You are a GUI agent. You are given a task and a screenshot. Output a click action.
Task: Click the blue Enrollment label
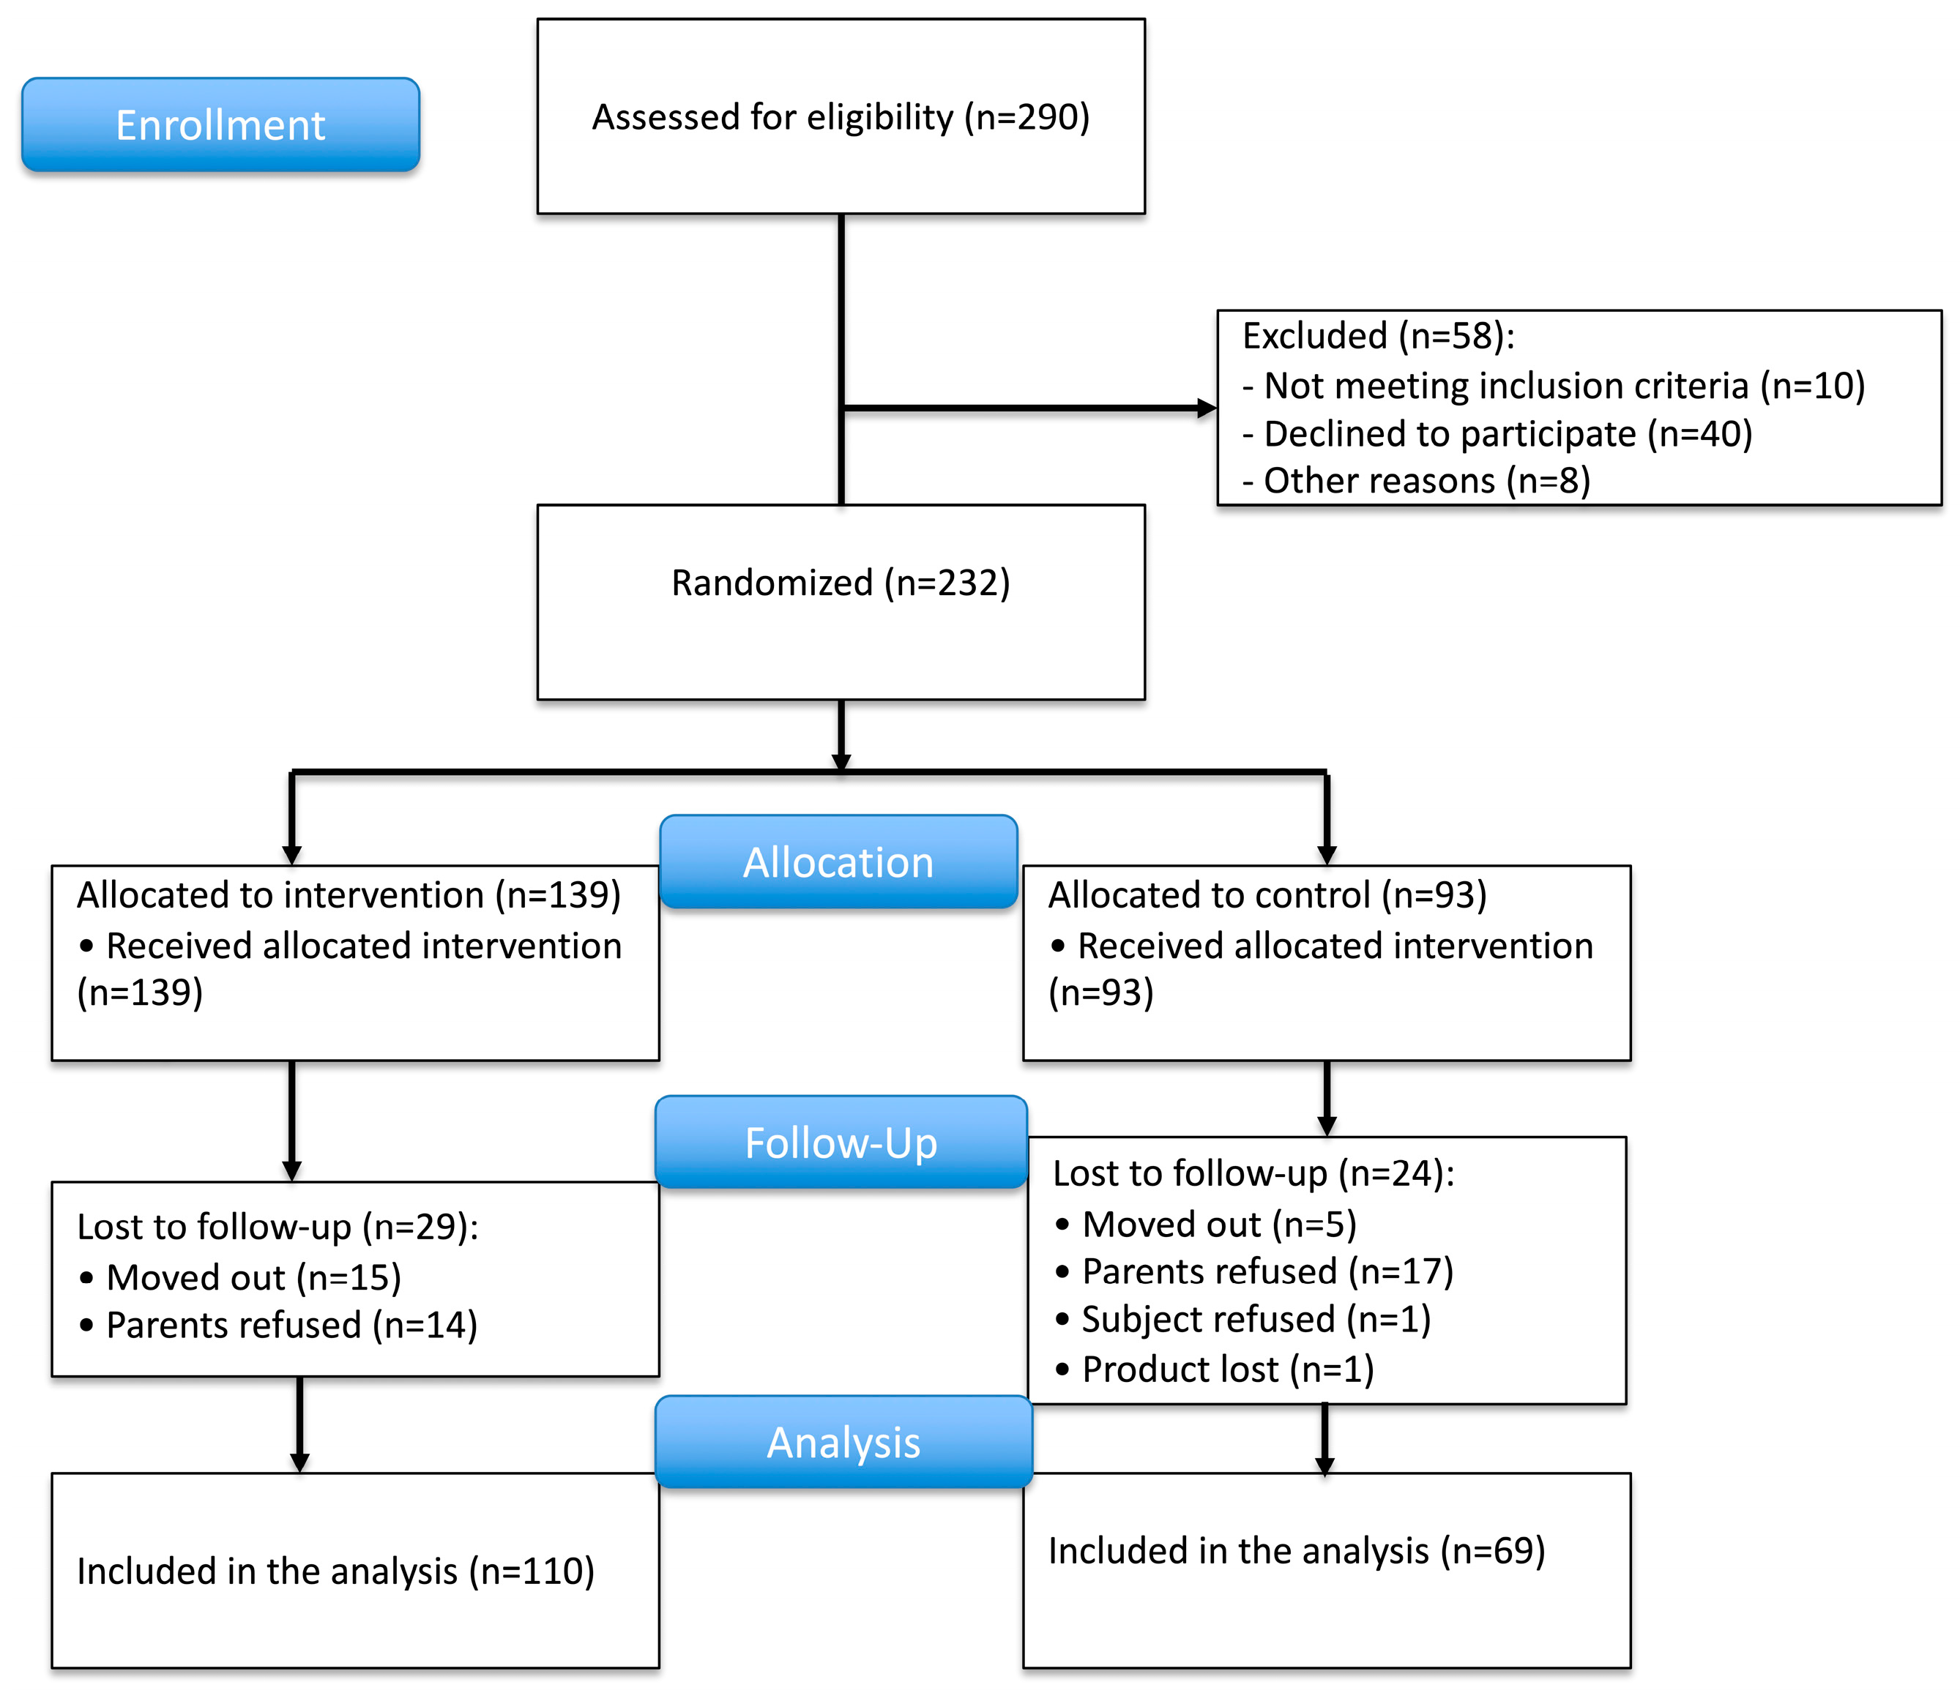220,125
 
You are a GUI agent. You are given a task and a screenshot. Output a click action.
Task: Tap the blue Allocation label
838,862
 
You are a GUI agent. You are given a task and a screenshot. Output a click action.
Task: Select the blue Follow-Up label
841,1143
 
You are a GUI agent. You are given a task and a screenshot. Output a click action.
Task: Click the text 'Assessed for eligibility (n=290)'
841,117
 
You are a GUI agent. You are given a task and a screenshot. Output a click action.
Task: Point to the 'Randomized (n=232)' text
841,583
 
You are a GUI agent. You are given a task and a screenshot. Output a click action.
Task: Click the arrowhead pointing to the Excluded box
1207,408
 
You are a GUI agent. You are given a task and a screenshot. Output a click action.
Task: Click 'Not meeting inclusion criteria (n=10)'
1564,386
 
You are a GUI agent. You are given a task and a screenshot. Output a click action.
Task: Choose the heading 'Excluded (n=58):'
1378,336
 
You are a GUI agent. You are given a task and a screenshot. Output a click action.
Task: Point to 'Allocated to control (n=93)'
1267,894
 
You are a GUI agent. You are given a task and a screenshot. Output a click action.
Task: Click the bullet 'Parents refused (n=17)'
1267,1272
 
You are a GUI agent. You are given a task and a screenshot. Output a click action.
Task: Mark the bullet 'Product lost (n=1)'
1228,1369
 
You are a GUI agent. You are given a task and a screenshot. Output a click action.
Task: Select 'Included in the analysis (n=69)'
1297,1551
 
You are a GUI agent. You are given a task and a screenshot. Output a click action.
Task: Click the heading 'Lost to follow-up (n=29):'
278,1227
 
